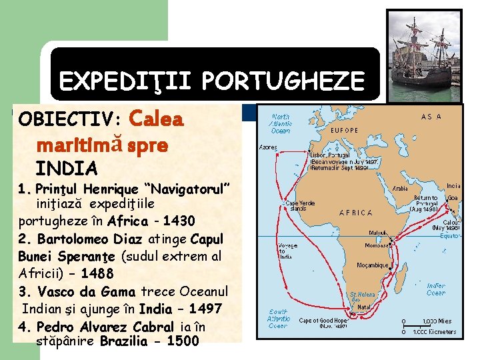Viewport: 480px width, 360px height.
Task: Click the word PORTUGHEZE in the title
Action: coord(283,81)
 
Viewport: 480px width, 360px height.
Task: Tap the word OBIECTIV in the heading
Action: coord(67,119)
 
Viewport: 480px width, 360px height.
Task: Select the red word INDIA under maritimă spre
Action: coord(67,167)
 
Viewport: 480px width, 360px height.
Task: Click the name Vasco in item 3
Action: coord(57,291)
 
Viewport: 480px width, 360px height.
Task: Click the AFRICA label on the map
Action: coord(355,213)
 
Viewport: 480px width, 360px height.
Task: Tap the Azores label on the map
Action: coord(267,147)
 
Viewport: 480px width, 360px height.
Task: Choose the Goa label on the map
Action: coord(453,198)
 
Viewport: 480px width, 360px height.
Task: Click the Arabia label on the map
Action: coord(400,189)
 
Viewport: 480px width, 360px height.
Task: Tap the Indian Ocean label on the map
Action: coord(436,289)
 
